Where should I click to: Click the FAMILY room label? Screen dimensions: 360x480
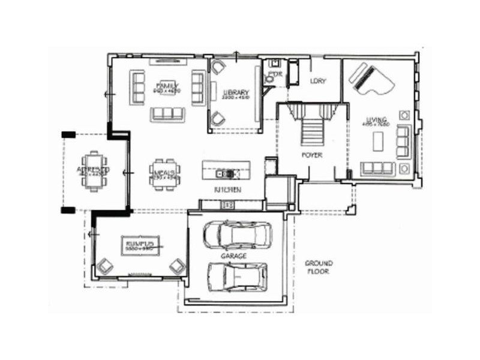[165, 85]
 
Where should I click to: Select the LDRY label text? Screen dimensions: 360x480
[317, 81]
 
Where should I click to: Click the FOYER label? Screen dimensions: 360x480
[312, 155]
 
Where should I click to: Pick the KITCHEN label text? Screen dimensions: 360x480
[228, 190]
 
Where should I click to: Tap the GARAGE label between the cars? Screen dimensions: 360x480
[237, 256]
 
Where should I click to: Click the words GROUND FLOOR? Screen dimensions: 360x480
[319, 267]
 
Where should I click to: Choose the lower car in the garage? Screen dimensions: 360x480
[238, 276]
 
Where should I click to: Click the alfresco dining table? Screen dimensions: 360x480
[94, 170]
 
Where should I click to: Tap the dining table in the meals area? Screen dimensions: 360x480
[164, 173]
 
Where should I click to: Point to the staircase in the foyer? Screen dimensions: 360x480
[311, 126]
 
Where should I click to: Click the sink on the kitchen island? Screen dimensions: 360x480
[226, 174]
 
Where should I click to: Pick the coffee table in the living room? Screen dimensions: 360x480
[377, 142]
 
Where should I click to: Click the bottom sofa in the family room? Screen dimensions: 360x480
[168, 113]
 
